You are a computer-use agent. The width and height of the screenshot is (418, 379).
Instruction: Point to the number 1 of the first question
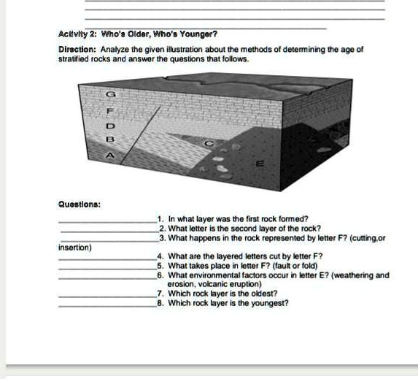coord(160,218)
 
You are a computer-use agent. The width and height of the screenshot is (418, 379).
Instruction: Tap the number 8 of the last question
coord(160,302)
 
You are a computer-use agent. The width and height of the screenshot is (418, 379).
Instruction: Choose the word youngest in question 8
coord(269,302)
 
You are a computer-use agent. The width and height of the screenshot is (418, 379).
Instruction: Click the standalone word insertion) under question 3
coord(75,248)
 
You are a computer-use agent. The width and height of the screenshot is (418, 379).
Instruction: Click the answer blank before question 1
coord(107,220)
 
